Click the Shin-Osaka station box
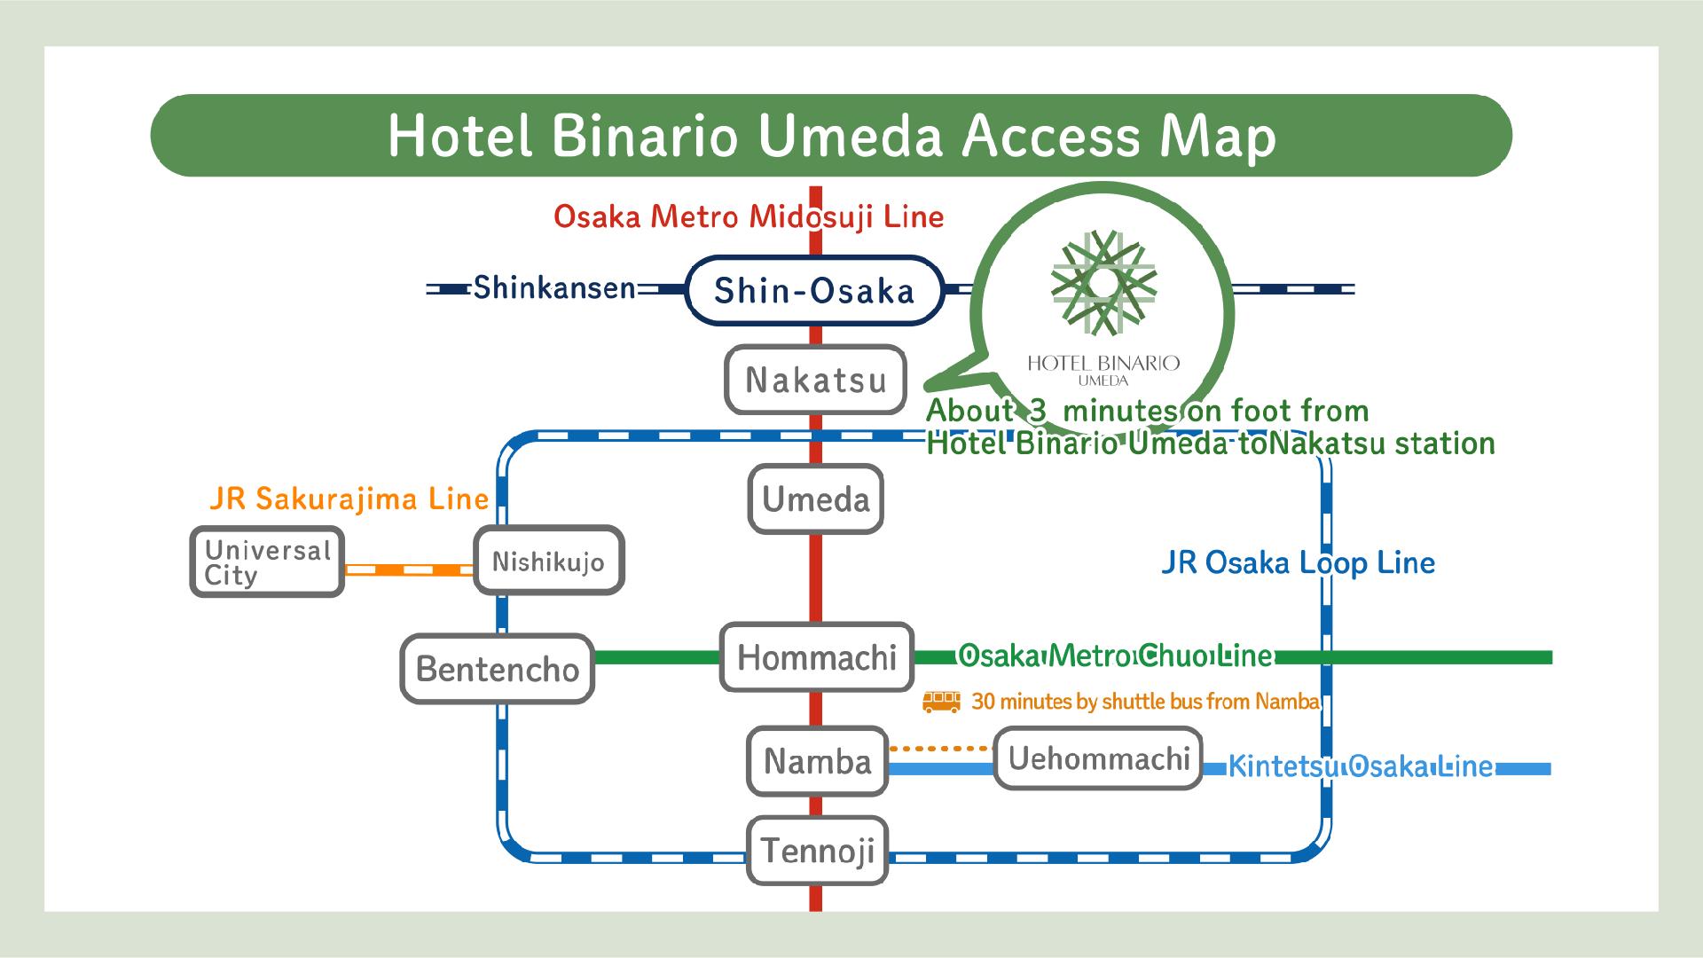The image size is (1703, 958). coord(814,290)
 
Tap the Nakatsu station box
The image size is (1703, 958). coord(816,381)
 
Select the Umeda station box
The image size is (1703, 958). coord(816,499)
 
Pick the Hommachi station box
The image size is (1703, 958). coord(817,657)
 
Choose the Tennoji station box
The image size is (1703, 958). coord(818,851)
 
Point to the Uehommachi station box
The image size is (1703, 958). coord(1098,758)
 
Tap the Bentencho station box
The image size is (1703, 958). coord(497,668)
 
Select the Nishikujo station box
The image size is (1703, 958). coord(548,561)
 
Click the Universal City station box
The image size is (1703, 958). coord(267,562)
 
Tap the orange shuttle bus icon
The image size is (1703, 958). coord(941,702)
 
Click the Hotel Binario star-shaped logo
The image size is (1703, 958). coord(1103,284)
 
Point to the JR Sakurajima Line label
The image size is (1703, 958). coord(349,499)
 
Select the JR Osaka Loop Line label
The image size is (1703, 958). coord(1298,562)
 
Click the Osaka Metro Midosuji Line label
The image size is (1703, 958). coord(749,216)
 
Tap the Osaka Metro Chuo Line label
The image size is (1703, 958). coord(1116,656)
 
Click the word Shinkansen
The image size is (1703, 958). coord(554,288)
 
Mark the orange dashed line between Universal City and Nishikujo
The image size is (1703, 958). coord(409,569)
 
